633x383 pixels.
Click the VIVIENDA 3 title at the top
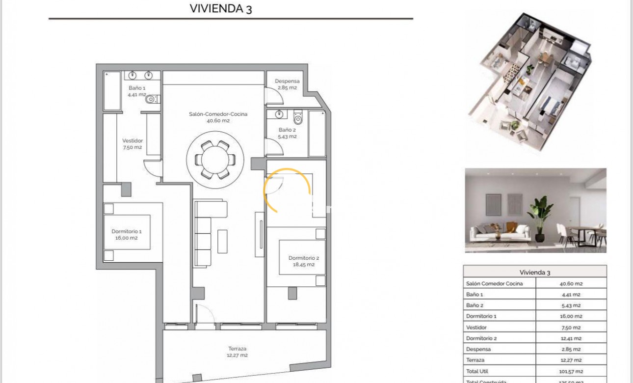220,8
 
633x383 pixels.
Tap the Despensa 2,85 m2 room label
287,84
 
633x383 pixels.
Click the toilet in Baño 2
298,118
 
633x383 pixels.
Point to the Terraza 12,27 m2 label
237,352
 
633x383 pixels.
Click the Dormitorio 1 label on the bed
126,234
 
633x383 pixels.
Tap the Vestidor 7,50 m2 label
132,144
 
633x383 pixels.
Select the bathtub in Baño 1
111,91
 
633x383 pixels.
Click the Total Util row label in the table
477,372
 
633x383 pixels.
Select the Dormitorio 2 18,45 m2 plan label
303,261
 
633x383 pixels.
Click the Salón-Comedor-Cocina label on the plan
218,117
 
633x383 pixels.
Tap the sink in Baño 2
279,115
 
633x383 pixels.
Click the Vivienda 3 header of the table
534,272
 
